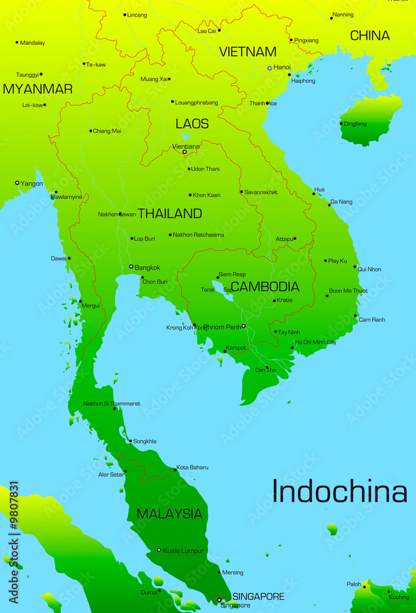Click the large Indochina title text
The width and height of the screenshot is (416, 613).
pos(339,492)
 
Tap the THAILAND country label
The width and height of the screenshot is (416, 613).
pos(170,213)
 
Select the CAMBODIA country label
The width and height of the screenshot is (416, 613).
pos(265,286)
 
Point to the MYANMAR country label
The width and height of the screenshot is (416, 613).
pos(37,89)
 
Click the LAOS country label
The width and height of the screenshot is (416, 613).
pos(192,123)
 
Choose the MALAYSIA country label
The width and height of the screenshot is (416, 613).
pos(169,514)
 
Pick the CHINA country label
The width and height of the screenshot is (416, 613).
pos(370,36)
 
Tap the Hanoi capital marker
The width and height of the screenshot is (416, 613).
pos(269,67)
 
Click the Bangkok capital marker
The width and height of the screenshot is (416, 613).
pos(131,267)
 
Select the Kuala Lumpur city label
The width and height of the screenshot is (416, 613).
pos(183,550)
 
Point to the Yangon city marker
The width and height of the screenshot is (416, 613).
pos(17,183)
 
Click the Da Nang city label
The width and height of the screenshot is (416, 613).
pos(342,202)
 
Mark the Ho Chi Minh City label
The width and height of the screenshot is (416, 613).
pos(315,342)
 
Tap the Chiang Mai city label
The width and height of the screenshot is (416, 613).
pos(107,131)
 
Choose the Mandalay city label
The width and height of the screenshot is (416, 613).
pos(33,43)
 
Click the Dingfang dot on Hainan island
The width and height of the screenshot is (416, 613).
pos(341,123)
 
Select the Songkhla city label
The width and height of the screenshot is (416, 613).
pos(145,441)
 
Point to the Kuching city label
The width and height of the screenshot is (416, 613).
pos(399,596)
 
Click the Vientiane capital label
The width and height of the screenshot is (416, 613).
pos(186,147)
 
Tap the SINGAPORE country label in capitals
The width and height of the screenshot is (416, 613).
pos(258,596)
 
